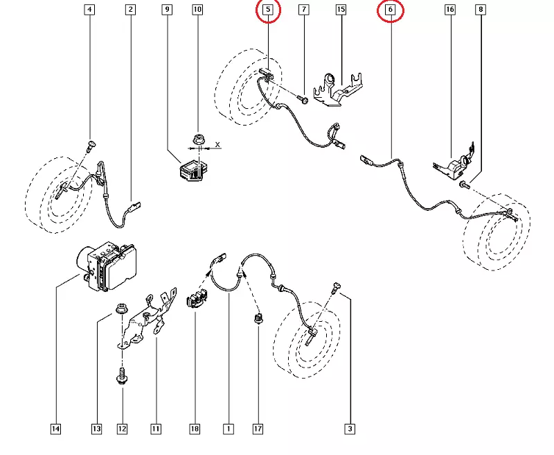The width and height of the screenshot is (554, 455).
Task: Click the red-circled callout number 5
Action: [268, 10]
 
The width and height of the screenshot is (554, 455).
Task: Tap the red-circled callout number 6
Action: [391, 10]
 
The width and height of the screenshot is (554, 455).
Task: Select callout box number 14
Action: [56, 429]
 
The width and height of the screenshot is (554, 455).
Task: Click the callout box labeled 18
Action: [195, 429]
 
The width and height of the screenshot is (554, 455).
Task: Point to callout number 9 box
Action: [167, 10]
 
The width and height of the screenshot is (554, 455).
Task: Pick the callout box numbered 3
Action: [350, 429]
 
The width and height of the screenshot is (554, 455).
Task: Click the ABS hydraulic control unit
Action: [107, 266]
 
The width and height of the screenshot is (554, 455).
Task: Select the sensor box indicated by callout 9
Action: [194, 169]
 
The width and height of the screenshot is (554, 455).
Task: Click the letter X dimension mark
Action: [217, 144]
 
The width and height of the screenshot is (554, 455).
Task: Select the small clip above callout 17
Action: [258, 318]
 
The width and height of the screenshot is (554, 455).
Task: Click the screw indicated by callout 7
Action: [303, 99]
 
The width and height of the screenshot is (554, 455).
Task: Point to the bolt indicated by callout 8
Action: [464, 184]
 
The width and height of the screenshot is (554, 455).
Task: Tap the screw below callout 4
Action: [91, 145]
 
